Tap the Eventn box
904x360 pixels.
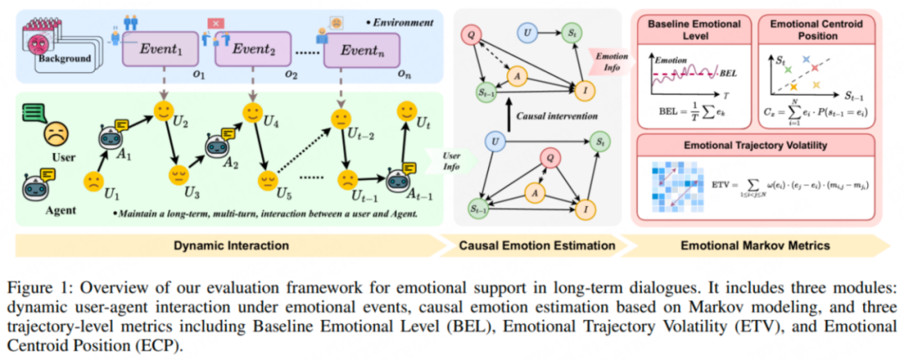click(358, 51)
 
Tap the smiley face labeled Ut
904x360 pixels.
click(408, 111)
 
